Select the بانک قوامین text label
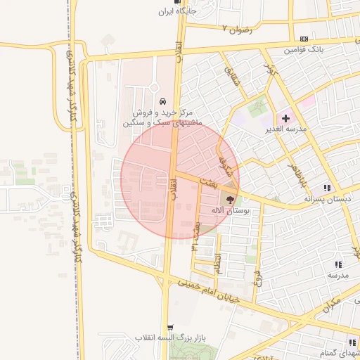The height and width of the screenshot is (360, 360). [304, 51]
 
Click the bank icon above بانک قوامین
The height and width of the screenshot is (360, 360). [304, 39]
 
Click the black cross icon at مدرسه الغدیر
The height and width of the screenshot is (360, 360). [285, 117]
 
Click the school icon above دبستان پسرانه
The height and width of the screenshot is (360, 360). [327, 188]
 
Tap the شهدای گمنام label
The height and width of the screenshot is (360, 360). [340, 351]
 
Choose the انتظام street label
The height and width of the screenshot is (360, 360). [217, 263]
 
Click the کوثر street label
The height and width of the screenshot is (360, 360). [268, 70]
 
